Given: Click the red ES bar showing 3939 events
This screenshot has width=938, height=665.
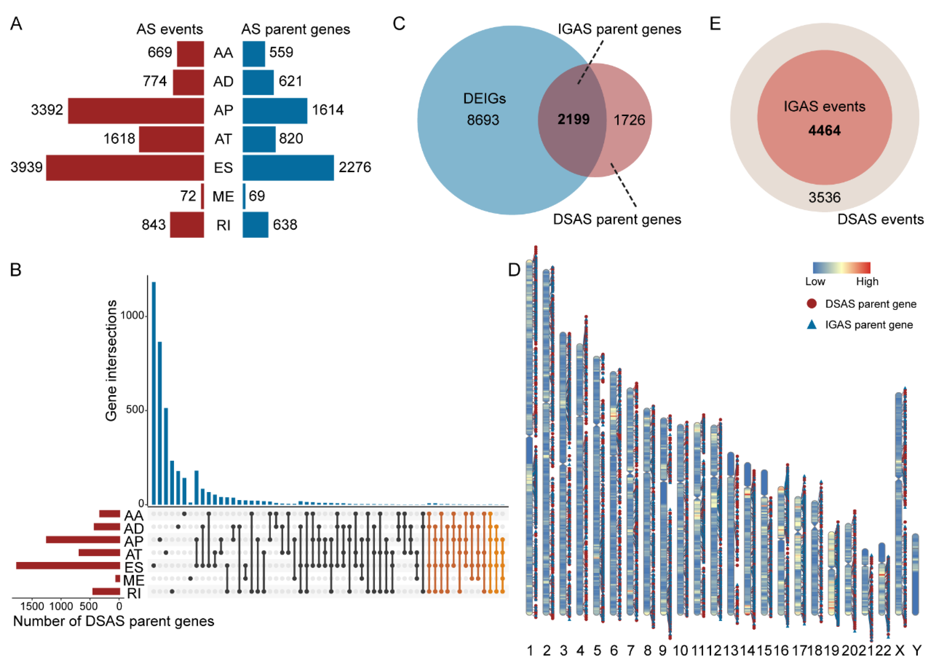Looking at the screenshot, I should [x=125, y=168].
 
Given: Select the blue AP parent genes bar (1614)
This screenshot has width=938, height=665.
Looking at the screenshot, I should [x=275, y=110].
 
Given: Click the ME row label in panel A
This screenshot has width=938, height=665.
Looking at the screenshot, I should [x=223, y=197].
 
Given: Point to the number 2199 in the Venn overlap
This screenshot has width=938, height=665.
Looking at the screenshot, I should [x=573, y=120].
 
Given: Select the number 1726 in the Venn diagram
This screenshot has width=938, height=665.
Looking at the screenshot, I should [x=629, y=120].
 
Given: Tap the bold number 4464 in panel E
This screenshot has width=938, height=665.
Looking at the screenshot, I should [x=824, y=131].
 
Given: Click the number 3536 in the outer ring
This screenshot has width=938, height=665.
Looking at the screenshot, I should [x=824, y=198].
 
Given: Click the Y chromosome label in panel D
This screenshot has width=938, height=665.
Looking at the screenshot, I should [x=917, y=650].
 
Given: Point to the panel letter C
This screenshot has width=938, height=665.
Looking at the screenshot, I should [x=399, y=24].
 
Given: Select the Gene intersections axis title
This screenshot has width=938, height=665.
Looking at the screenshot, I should [x=111, y=360].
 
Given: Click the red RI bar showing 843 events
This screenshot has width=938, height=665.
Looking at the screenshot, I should [x=187, y=225].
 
